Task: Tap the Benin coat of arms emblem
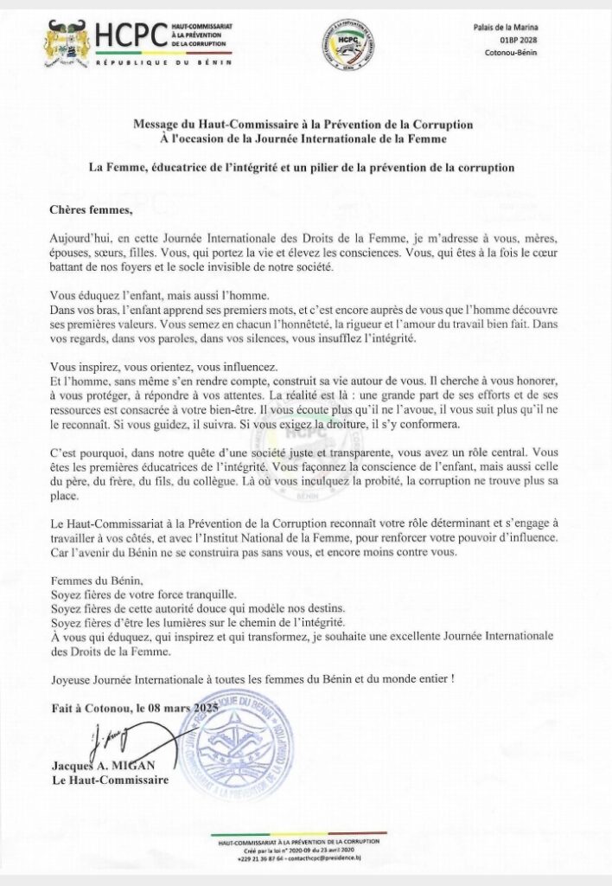click(x=67, y=42)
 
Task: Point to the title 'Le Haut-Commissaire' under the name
click(x=109, y=781)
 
